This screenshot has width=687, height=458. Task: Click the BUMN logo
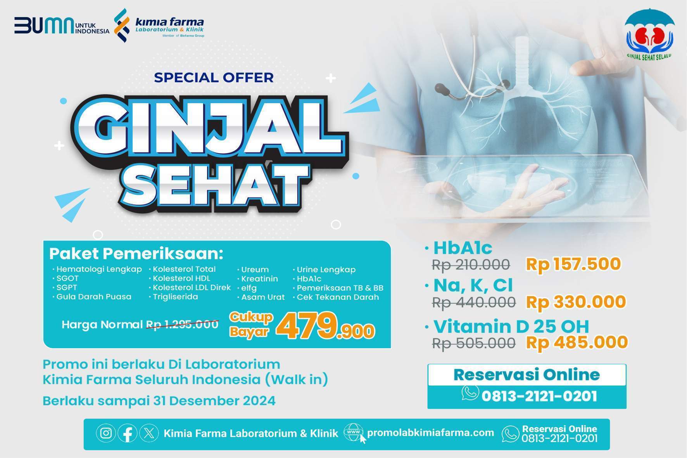coord(62,26)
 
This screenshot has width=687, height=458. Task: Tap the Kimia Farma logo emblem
coord(122,25)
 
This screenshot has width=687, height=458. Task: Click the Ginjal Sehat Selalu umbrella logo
coord(649,35)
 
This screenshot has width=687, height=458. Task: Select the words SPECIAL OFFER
coord(214,77)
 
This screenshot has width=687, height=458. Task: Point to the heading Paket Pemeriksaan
coord(136,254)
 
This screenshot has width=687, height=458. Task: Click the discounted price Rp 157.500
coord(573,264)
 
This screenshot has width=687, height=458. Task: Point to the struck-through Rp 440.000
coord(474,302)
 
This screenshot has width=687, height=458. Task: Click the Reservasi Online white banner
coord(527,375)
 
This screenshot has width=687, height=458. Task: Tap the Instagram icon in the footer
coord(106,433)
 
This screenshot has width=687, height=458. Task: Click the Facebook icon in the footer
coord(127,433)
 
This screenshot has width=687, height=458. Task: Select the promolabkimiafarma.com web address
coord(430,433)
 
